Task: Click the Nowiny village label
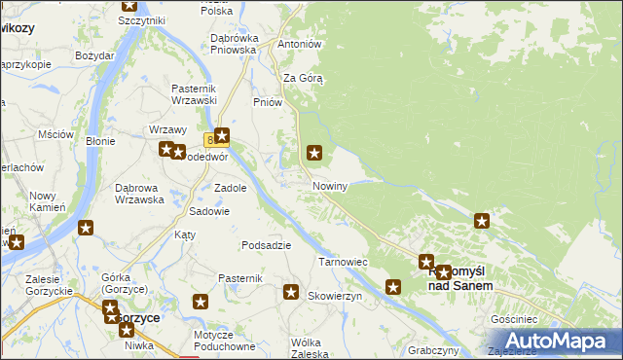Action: click(330, 186)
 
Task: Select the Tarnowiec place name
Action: click(342, 262)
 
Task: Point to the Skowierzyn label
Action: click(335, 296)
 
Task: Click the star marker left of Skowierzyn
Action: click(290, 291)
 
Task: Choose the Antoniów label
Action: click(300, 45)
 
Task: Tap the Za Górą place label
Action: click(303, 79)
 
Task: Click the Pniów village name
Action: click(267, 101)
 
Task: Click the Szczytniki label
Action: click(141, 20)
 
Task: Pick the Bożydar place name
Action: click(95, 55)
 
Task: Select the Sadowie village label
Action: click(209, 211)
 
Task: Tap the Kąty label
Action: click(185, 234)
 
